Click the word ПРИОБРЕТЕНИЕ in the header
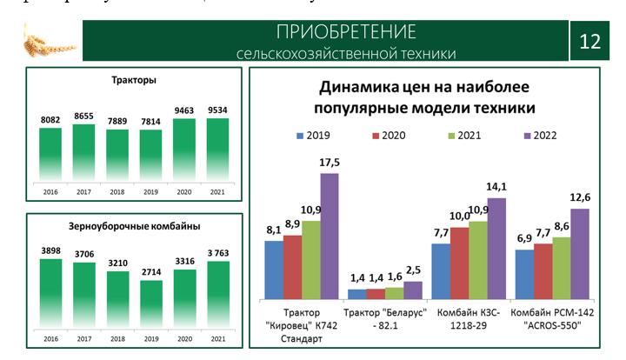click(x=346, y=33)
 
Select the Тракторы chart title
click(x=134, y=81)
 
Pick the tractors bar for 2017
click(x=84, y=153)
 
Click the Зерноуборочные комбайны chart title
click(x=134, y=226)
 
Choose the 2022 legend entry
click(x=539, y=136)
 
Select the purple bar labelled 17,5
click(x=329, y=235)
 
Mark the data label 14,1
click(x=496, y=186)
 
